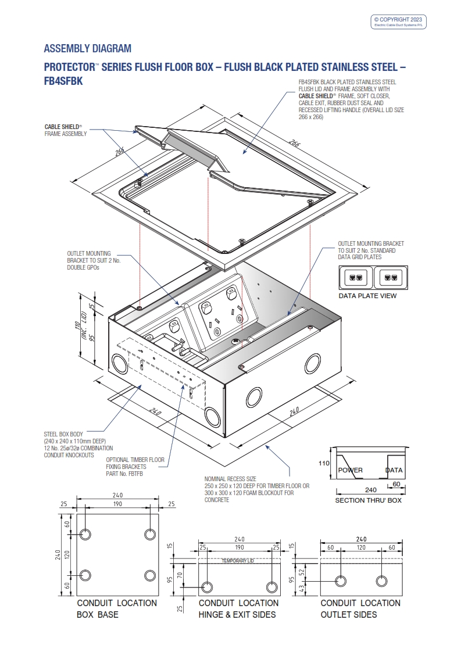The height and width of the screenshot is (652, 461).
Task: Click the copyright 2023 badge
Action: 399,22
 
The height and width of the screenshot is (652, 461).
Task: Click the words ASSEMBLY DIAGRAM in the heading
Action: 88,48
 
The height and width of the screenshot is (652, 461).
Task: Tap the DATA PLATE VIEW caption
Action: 367,296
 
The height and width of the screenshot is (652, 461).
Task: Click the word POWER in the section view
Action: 351,470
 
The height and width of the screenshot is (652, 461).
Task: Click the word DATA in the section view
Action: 394,470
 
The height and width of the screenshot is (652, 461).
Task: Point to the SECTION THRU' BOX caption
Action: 368,500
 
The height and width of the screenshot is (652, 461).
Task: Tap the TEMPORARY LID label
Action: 238,561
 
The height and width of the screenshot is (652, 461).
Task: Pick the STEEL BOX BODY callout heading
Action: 63,434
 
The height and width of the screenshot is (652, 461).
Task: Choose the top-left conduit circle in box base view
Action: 85,534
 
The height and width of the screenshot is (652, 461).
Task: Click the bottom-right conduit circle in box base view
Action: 150,575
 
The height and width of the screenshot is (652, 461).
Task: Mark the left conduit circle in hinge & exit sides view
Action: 206,585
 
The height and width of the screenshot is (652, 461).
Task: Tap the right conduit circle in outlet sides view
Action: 382,581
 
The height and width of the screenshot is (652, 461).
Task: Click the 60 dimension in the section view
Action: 396,483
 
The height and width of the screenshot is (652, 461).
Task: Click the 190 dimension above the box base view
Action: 117,504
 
